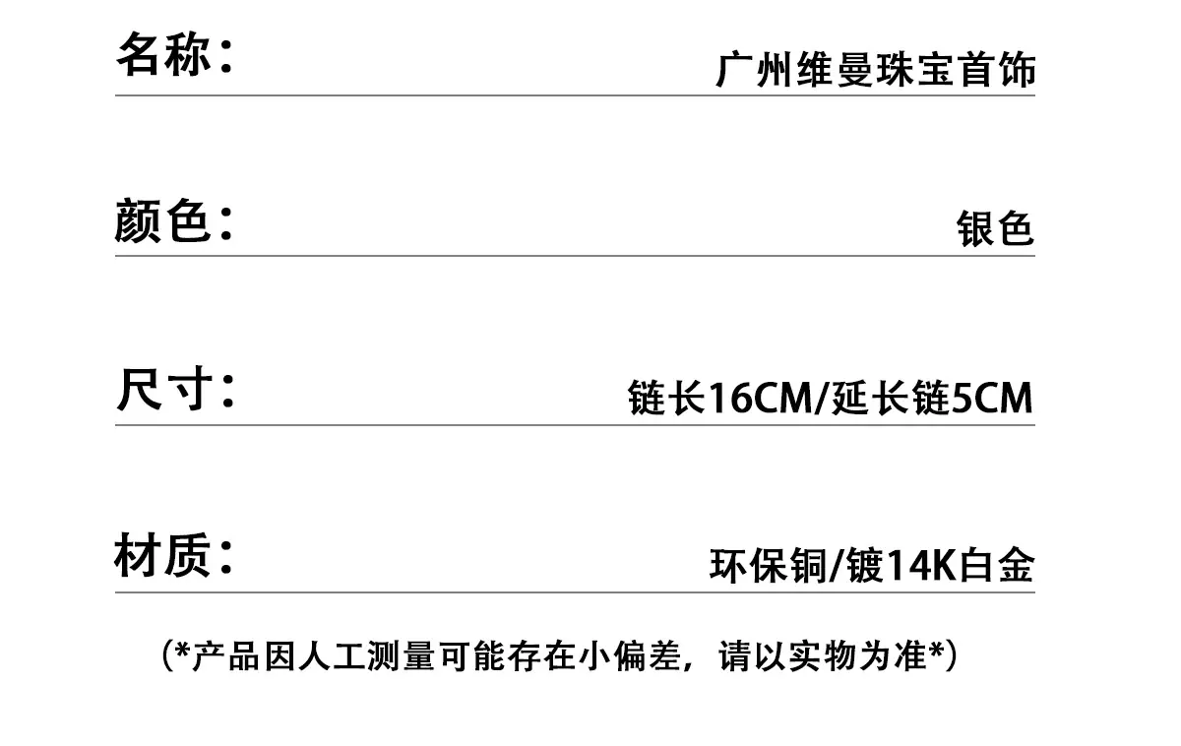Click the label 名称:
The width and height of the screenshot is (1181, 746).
click(x=174, y=54)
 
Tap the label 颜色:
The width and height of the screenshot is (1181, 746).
click(x=174, y=220)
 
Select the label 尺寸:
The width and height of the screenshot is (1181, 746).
click(x=175, y=389)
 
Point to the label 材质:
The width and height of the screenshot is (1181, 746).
click(x=174, y=555)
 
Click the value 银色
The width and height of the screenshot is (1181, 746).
click(x=995, y=228)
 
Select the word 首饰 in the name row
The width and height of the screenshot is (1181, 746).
click(x=997, y=69)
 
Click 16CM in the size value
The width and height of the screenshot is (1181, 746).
click(x=760, y=398)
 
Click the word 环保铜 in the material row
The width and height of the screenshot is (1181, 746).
click(x=769, y=565)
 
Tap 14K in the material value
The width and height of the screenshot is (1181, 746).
click(x=921, y=566)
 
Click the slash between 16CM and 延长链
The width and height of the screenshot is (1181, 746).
click(x=822, y=399)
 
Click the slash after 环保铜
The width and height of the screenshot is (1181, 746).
click(x=837, y=566)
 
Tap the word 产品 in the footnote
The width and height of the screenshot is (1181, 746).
click(x=226, y=655)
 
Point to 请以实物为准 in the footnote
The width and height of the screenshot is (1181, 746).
click(x=823, y=655)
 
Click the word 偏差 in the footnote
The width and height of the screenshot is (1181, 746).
click(x=648, y=655)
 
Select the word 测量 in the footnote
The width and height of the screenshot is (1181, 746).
click(x=402, y=655)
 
